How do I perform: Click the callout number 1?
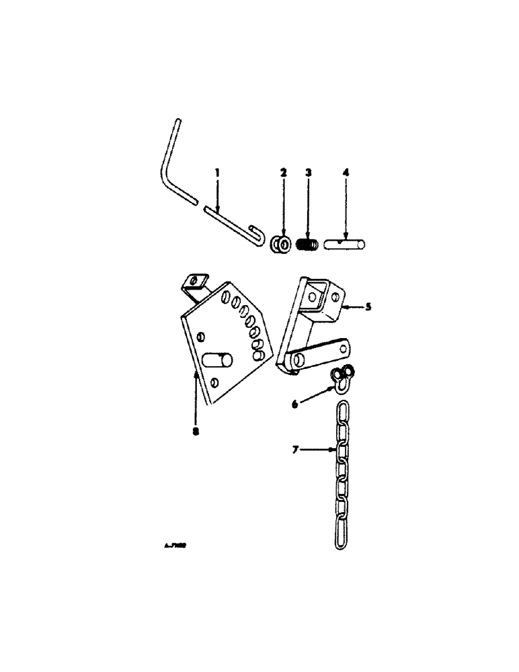(217, 173)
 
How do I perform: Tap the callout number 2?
(283, 173)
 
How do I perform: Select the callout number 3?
(308, 173)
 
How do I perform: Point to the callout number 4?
(346, 173)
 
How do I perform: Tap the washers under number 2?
(282, 246)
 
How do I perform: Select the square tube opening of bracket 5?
(316, 294)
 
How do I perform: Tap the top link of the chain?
(344, 411)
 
